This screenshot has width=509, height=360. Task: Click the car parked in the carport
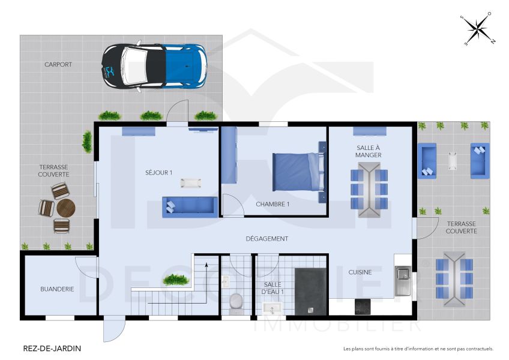click(154, 66)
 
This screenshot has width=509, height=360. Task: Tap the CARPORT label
click(58, 64)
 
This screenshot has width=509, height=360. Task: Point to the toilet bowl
click(235, 299)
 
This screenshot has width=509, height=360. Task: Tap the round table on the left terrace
click(65, 208)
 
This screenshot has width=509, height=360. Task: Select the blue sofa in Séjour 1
click(189, 206)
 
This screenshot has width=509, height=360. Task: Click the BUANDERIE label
click(57, 289)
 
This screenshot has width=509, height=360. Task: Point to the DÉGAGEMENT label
click(267, 239)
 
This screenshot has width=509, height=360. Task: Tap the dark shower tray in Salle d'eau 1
click(310, 291)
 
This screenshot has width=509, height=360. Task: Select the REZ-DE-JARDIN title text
click(52, 348)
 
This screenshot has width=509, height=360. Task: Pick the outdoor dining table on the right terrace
click(454, 277)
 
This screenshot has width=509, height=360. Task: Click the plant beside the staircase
click(176, 280)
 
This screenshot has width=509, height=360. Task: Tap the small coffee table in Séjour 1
click(191, 181)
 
